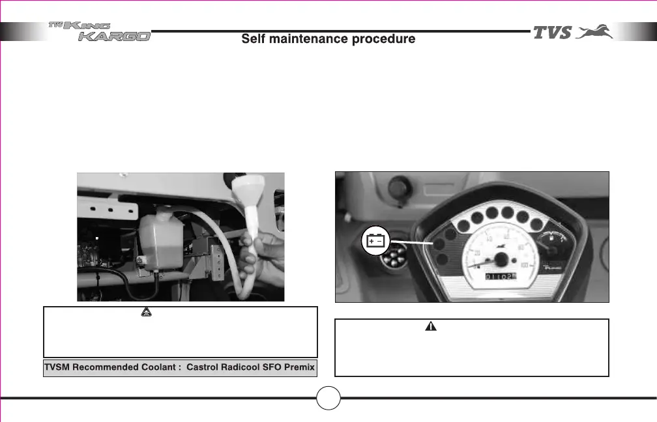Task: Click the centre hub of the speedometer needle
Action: coord(501,259)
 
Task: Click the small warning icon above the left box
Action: coord(145,313)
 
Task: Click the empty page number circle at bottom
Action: coord(330,398)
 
